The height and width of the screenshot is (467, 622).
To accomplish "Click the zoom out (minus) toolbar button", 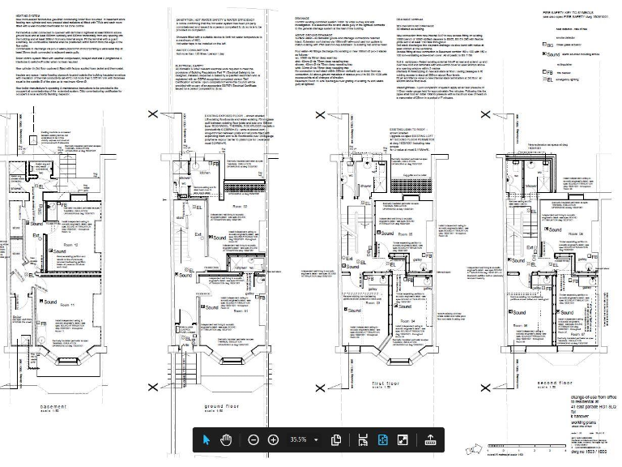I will click(253, 439).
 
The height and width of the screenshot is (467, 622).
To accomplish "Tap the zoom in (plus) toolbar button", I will click(273, 439).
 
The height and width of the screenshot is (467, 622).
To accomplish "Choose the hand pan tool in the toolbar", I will click(228, 439).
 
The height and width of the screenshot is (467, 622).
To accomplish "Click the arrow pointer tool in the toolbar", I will click(207, 439).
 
